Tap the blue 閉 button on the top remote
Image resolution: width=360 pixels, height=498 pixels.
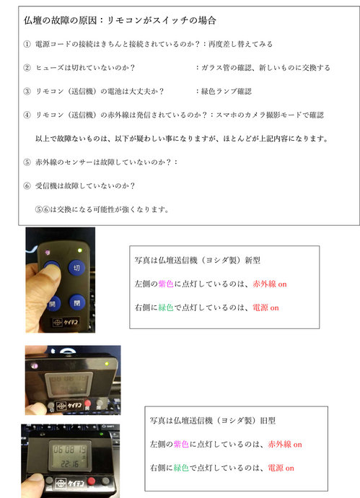click(x=74, y=302)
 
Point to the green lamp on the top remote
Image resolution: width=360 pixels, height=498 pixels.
click(x=75, y=250)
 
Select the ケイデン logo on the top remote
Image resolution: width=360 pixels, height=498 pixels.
click(x=68, y=323)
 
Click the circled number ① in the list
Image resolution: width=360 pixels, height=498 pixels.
click(x=27, y=44)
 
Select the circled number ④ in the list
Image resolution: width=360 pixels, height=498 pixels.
click(x=27, y=114)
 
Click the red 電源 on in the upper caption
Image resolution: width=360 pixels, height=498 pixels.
click(x=263, y=307)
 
